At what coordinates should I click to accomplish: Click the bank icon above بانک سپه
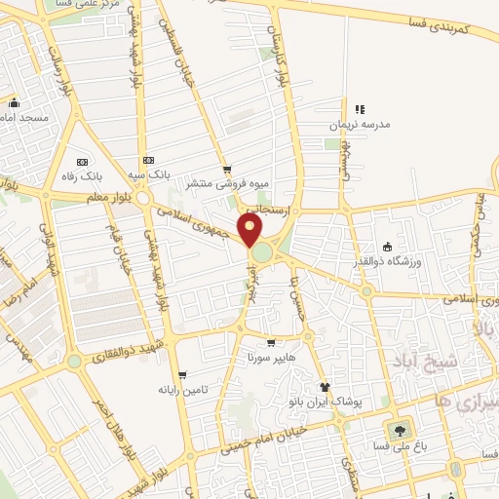[x=148, y=160]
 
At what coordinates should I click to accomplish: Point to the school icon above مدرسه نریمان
[x=361, y=109]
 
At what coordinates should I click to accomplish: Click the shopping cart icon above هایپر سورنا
[x=271, y=342]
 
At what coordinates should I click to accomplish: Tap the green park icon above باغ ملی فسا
[x=398, y=430]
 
